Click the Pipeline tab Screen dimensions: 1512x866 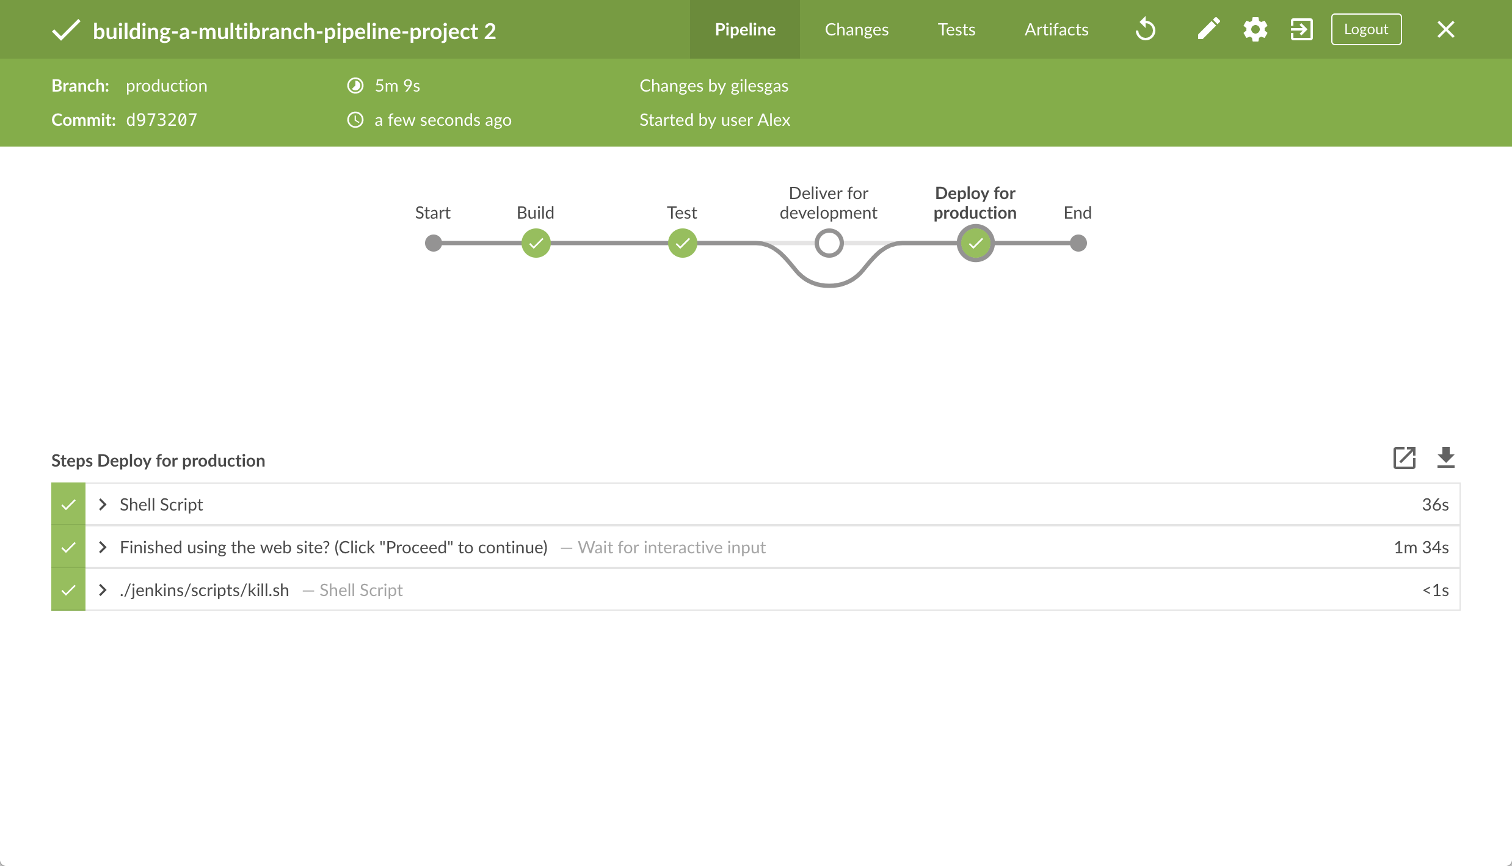coord(745,29)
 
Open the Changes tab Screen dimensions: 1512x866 coord(857,29)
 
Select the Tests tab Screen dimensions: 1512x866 coord(956,29)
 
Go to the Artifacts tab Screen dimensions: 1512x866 coord(1056,29)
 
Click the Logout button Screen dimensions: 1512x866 coord(1366,29)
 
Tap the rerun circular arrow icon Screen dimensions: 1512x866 coord(1146,29)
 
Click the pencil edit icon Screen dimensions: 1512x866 coord(1209,29)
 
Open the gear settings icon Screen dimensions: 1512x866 coord(1255,29)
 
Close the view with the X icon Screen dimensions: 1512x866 coord(1445,29)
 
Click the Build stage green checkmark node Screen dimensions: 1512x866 coord(536,243)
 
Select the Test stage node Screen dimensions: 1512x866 coord(682,243)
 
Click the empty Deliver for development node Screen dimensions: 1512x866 coord(829,243)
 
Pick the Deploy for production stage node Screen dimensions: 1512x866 coord(975,243)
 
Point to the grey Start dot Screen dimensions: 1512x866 coord(433,243)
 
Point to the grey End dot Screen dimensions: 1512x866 coord(1078,243)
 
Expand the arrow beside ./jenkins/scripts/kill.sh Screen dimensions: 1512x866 coord(103,590)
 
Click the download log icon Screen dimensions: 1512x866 coord(1445,457)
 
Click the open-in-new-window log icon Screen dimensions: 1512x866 coord(1404,457)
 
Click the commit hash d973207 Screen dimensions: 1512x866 coord(162,120)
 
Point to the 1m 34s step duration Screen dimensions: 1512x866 coord(1421,547)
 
